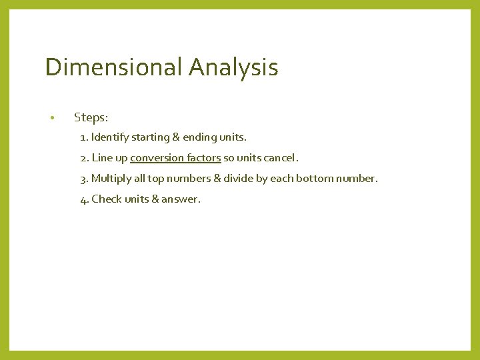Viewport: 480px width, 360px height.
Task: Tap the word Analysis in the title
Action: tap(233, 67)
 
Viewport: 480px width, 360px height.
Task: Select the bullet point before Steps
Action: tap(51, 119)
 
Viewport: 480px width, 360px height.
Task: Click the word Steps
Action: tap(91, 118)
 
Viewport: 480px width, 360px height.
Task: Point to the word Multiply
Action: tap(112, 179)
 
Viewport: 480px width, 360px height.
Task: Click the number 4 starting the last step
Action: tap(83, 199)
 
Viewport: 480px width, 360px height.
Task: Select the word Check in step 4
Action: tap(107, 199)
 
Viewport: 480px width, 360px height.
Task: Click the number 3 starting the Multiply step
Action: tap(83, 179)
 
